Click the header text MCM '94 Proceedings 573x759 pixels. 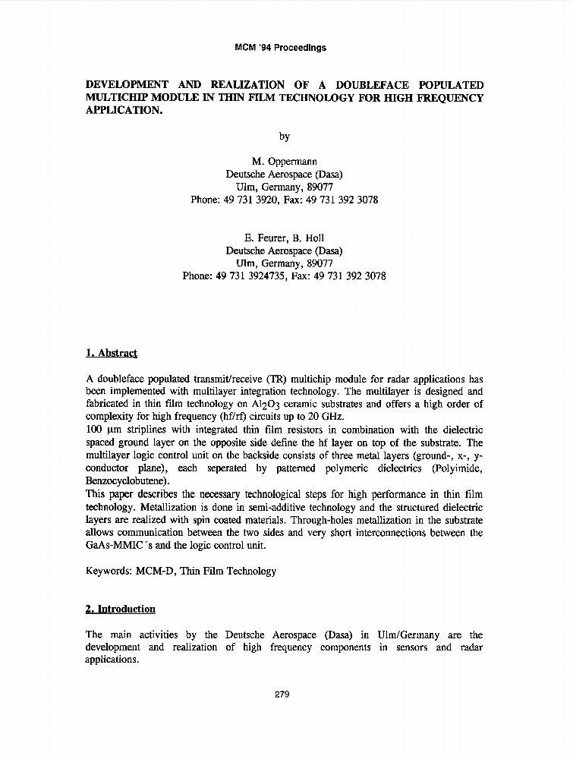[x=281, y=47]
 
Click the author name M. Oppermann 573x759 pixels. [x=284, y=162]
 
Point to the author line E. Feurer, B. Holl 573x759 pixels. [x=284, y=238]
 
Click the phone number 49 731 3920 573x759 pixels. [x=252, y=200]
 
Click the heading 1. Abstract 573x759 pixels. [x=112, y=353]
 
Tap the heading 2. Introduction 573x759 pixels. [x=121, y=609]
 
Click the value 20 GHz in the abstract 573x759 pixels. [x=326, y=417]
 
